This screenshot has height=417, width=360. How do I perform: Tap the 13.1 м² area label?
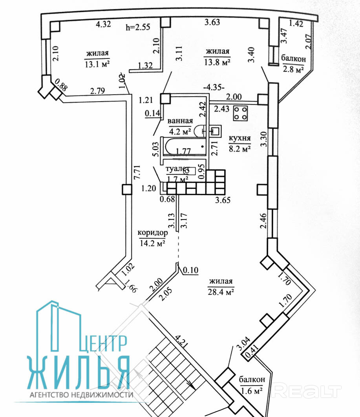97,64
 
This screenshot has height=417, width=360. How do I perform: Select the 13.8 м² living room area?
217,62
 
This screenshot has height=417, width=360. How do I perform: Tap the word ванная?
180,121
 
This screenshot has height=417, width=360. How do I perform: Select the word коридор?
153,233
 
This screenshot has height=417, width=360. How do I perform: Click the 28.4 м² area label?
221,291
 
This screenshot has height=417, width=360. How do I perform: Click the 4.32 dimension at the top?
103,24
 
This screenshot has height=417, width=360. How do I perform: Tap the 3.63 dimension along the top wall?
212,22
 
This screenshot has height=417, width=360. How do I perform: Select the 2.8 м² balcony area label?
293,69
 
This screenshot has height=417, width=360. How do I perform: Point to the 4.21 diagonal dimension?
183,343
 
